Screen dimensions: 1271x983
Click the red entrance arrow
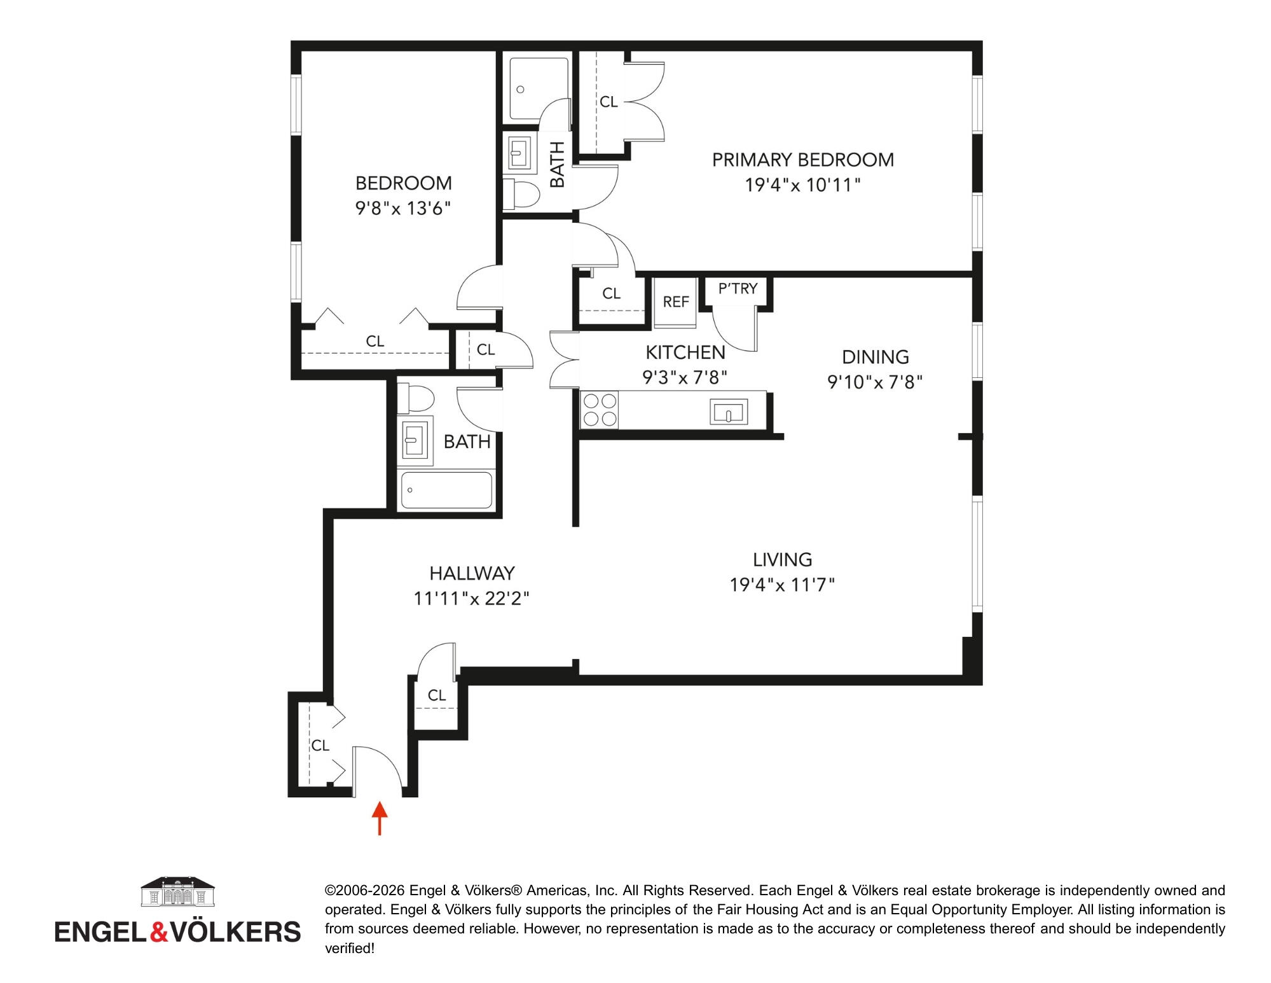pos(380,818)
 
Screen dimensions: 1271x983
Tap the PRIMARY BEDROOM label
pos(802,160)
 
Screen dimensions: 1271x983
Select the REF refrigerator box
pos(676,302)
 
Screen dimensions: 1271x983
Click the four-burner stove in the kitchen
pos(600,409)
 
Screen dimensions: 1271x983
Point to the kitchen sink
pos(729,412)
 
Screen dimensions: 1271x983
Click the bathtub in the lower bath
pos(446,490)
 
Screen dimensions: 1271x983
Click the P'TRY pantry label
pos(738,289)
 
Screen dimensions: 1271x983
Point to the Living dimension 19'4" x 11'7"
pos(782,585)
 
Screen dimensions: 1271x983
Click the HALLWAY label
pos(472,574)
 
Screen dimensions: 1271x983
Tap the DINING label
pos(876,357)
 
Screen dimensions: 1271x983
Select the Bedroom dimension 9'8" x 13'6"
pos(403,209)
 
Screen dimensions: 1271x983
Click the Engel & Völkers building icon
pos(177,892)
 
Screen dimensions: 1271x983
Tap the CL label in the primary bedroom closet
pos(608,102)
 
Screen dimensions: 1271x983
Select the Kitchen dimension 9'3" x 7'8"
pos(685,378)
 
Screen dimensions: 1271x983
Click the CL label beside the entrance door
pos(320,745)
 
